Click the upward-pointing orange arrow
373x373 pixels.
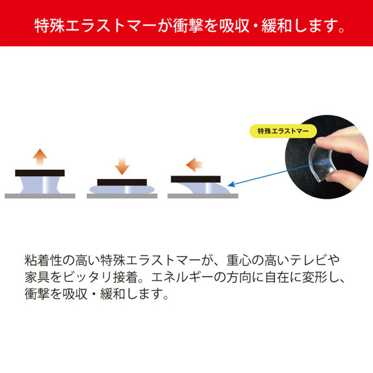[x=40, y=157]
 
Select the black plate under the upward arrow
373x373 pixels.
[x=40, y=173]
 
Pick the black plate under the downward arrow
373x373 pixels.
[x=122, y=182]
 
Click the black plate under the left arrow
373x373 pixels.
[x=195, y=179]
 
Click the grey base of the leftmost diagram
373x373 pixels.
[x=40, y=196]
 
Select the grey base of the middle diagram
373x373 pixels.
[x=122, y=196]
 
